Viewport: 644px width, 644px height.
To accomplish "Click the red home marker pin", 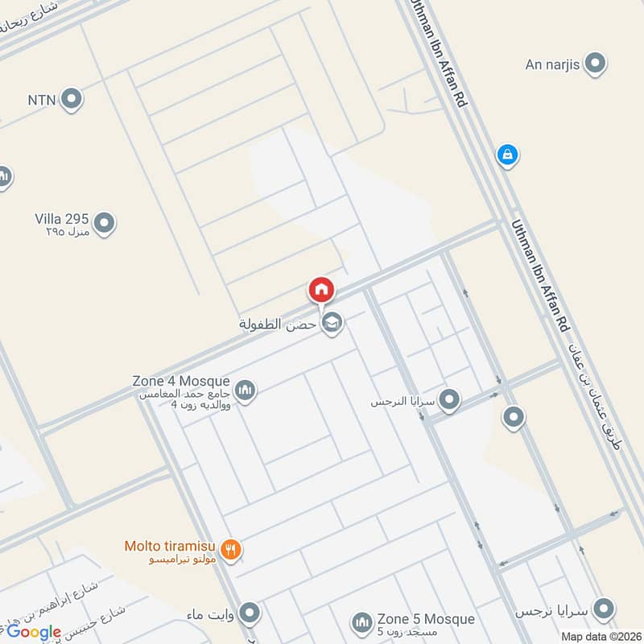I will point(321,290).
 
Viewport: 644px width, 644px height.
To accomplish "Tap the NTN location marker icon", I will point(72,100).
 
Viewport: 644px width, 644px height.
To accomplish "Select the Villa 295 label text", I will point(61,218).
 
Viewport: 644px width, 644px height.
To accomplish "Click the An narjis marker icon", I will point(595,63).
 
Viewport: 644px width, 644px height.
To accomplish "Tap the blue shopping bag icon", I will point(507,153).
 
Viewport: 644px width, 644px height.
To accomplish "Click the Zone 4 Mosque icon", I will point(246,390).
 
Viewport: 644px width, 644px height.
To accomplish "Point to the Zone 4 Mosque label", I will point(181,381).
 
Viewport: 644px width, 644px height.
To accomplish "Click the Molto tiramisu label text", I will point(171,546).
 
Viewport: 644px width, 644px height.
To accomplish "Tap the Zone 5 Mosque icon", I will point(361,622).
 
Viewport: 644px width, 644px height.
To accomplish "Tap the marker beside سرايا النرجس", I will point(450,399).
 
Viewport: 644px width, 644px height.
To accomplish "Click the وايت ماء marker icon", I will point(250,613).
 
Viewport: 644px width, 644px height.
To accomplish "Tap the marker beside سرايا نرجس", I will point(603,607).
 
